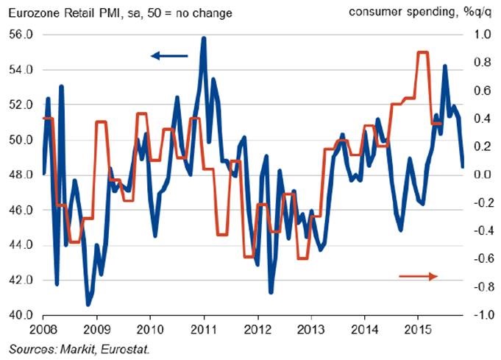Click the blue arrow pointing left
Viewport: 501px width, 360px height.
pyautogui.click(x=169, y=55)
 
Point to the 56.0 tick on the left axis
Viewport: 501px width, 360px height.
pyautogui.click(x=21, y=35)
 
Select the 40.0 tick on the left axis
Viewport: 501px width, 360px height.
pyautogui.click(x=21, y=316)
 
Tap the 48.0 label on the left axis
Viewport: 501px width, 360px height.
pyautogui.click(x=21, y=175)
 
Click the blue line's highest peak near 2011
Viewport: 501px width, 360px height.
pyautogui.click(x=203, y=38)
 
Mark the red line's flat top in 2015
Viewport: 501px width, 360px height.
pyautogui.click(x=423, y=52)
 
